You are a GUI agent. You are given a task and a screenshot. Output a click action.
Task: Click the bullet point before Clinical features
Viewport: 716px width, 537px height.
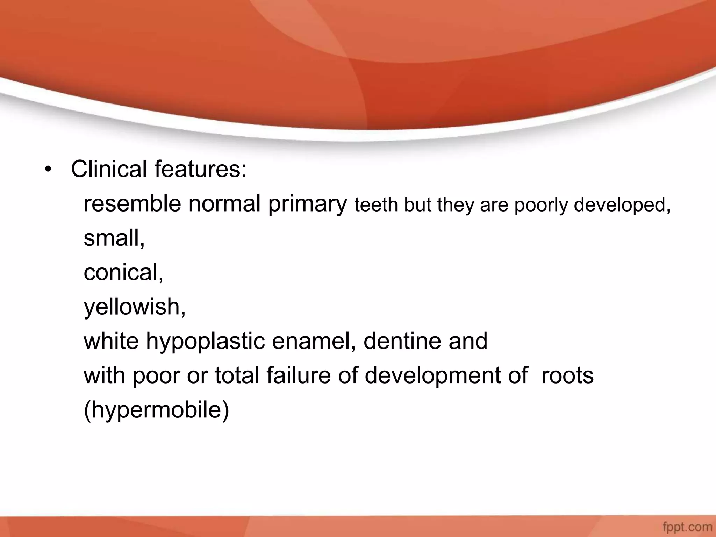coord(48,170)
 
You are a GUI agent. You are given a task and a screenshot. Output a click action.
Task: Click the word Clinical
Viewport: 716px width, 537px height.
coord(109,169)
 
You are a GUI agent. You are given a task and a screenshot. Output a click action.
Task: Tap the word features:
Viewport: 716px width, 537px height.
coord(201,169)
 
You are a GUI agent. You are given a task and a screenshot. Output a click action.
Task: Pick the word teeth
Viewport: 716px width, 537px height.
coord(376,205)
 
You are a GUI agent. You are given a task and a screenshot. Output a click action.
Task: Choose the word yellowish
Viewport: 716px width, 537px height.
coord(134,307)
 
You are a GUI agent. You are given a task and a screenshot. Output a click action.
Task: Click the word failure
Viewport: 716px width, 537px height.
coord(298,375)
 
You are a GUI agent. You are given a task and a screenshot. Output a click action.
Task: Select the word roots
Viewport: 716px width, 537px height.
coord(567,375)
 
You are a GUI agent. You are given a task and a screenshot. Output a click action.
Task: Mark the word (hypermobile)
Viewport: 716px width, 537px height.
coord(156,410)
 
